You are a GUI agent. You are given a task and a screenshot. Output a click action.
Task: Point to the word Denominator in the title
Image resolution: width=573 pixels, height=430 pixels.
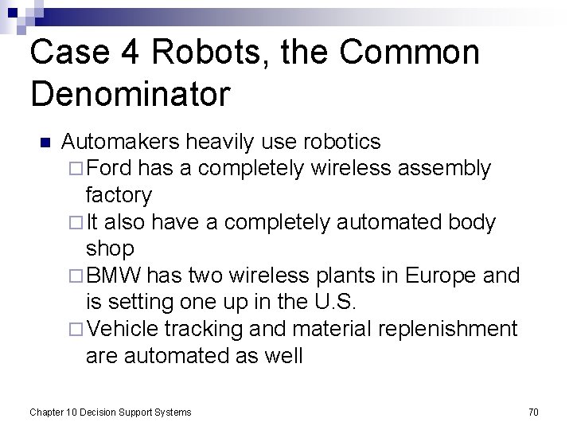pos(130,94)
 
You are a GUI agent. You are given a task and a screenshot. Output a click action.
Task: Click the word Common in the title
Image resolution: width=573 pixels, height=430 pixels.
pos(410,53)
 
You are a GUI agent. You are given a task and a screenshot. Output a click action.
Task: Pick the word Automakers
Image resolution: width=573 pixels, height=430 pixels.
pos(120,142)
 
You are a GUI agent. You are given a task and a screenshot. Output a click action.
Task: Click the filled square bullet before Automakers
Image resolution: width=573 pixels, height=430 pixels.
pos(45,143)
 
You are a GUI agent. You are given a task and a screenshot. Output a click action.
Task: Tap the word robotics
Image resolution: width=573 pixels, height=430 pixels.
pos(342,142)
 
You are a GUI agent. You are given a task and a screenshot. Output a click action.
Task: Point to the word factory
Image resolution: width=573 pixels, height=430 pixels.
pos(119,195)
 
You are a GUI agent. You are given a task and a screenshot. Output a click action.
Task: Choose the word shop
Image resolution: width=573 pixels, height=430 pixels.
pos(110,248)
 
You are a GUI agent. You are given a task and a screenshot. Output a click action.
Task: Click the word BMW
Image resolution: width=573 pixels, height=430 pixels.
pos(115,276)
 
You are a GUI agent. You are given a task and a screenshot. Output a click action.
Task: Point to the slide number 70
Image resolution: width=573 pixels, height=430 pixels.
pos(533,412)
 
